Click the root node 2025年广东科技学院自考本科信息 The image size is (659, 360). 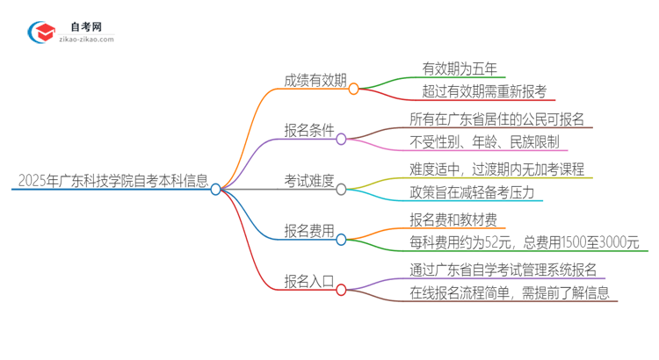[113, 183]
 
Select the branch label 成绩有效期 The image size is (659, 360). [315, 81]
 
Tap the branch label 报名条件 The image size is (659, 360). [308, 131]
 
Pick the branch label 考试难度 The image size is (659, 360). [308, 181]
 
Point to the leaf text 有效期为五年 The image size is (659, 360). [460, 68]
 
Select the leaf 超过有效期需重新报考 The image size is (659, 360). [484, 91]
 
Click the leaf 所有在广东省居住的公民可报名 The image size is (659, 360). [496, 119]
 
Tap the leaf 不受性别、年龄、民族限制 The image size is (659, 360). [483, 142]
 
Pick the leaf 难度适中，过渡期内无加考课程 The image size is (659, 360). [496, 169]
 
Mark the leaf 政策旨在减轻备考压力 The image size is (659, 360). [471, 192]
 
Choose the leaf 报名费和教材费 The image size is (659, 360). [453, 220]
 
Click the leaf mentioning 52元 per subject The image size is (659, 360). [524, 242]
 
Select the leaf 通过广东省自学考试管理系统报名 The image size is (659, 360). [503, 270]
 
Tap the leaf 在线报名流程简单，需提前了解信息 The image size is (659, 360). [509, 293]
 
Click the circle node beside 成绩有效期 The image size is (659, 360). [354, 89]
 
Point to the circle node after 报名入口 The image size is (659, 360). [342, 289]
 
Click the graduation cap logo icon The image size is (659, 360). [42, 32]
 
